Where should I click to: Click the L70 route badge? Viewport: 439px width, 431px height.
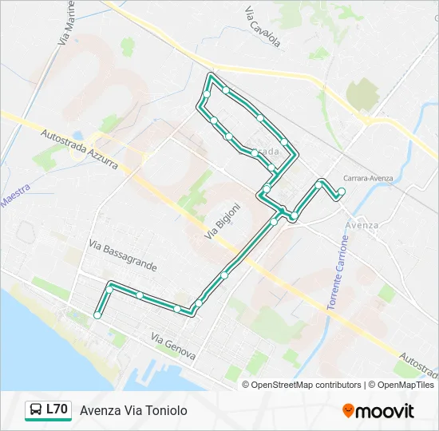[48, 409]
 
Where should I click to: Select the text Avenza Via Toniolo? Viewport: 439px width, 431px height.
[133, 410]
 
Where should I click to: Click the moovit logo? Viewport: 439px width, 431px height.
[378, 411]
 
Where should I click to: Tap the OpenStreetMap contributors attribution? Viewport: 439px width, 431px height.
[305, 385]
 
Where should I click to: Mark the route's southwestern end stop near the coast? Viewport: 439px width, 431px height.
[97, 315]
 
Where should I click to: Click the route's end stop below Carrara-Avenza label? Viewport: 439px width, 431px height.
[342, 191]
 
